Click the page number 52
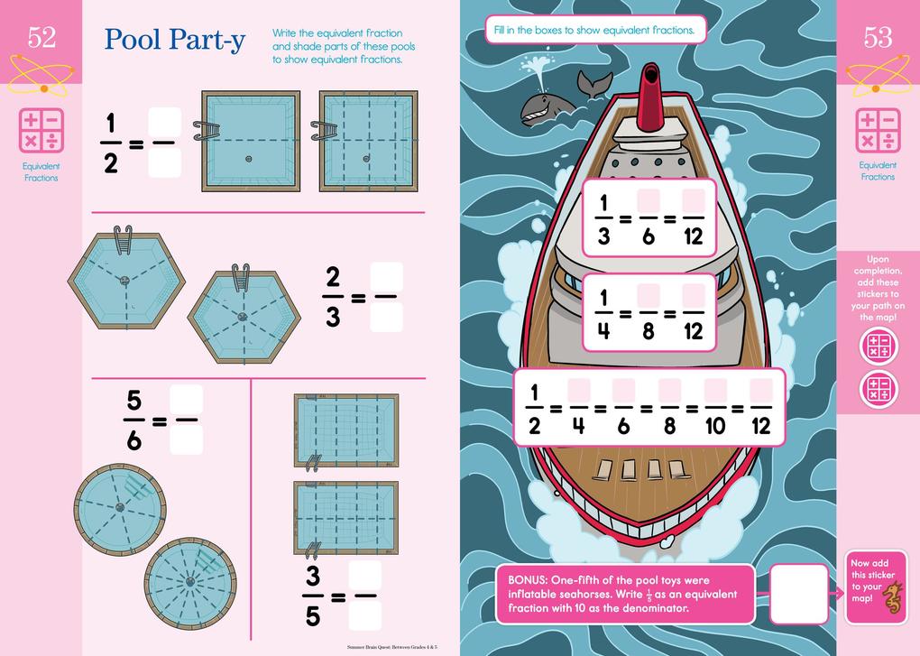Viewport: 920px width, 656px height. tap(41, 37)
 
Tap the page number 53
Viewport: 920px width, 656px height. tap(878, 37)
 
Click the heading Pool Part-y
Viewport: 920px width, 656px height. tap(174, 39)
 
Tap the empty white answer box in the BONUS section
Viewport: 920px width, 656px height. tap(798, 593)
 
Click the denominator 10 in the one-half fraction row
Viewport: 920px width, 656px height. tap(715, 425)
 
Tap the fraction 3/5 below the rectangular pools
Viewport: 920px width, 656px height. tap(312, 596)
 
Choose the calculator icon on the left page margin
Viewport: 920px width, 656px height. tap(42, 132)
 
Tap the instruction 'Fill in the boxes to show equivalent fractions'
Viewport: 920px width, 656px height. tap(594, 30)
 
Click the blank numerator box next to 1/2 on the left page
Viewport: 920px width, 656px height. tap(164, 123)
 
